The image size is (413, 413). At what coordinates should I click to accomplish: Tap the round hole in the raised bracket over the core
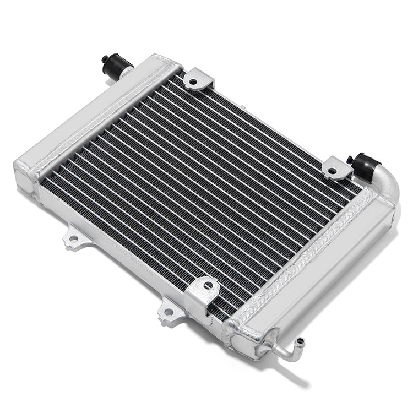coord(208,286)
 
